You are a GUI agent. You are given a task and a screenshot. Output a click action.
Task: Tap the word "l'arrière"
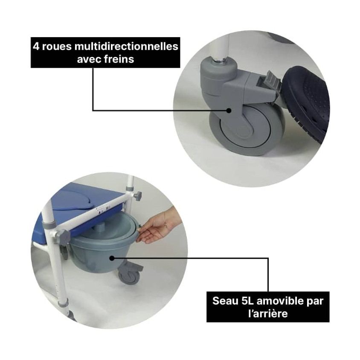268,314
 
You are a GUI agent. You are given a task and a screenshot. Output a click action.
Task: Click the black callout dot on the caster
229,110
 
